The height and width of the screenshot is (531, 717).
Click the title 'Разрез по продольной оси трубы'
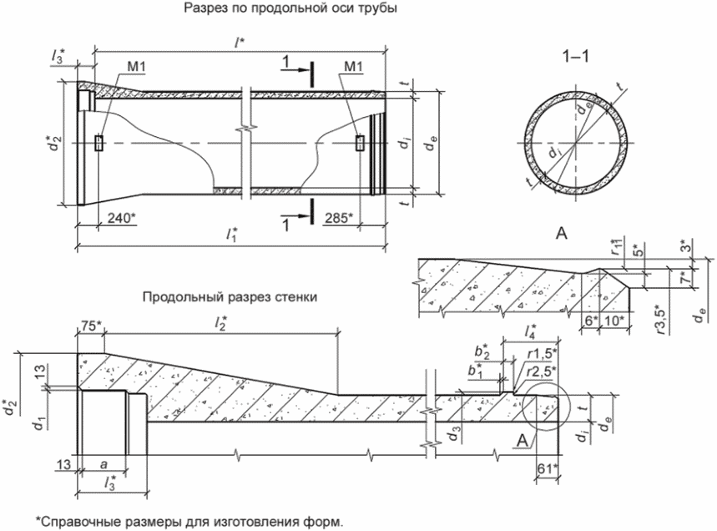coord(290,8)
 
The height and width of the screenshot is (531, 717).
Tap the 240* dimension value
coord(122,218)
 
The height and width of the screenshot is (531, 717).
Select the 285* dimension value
coord(339,218)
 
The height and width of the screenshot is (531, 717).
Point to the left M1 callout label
coord(136,67)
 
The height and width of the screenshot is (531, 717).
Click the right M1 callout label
coord(353,67)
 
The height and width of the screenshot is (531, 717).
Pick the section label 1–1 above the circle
coord(575,56)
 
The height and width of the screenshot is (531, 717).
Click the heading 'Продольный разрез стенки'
coord(230,297)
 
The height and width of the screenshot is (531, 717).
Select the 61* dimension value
coord(547,468)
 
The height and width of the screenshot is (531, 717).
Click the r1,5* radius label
coord(543,353)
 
